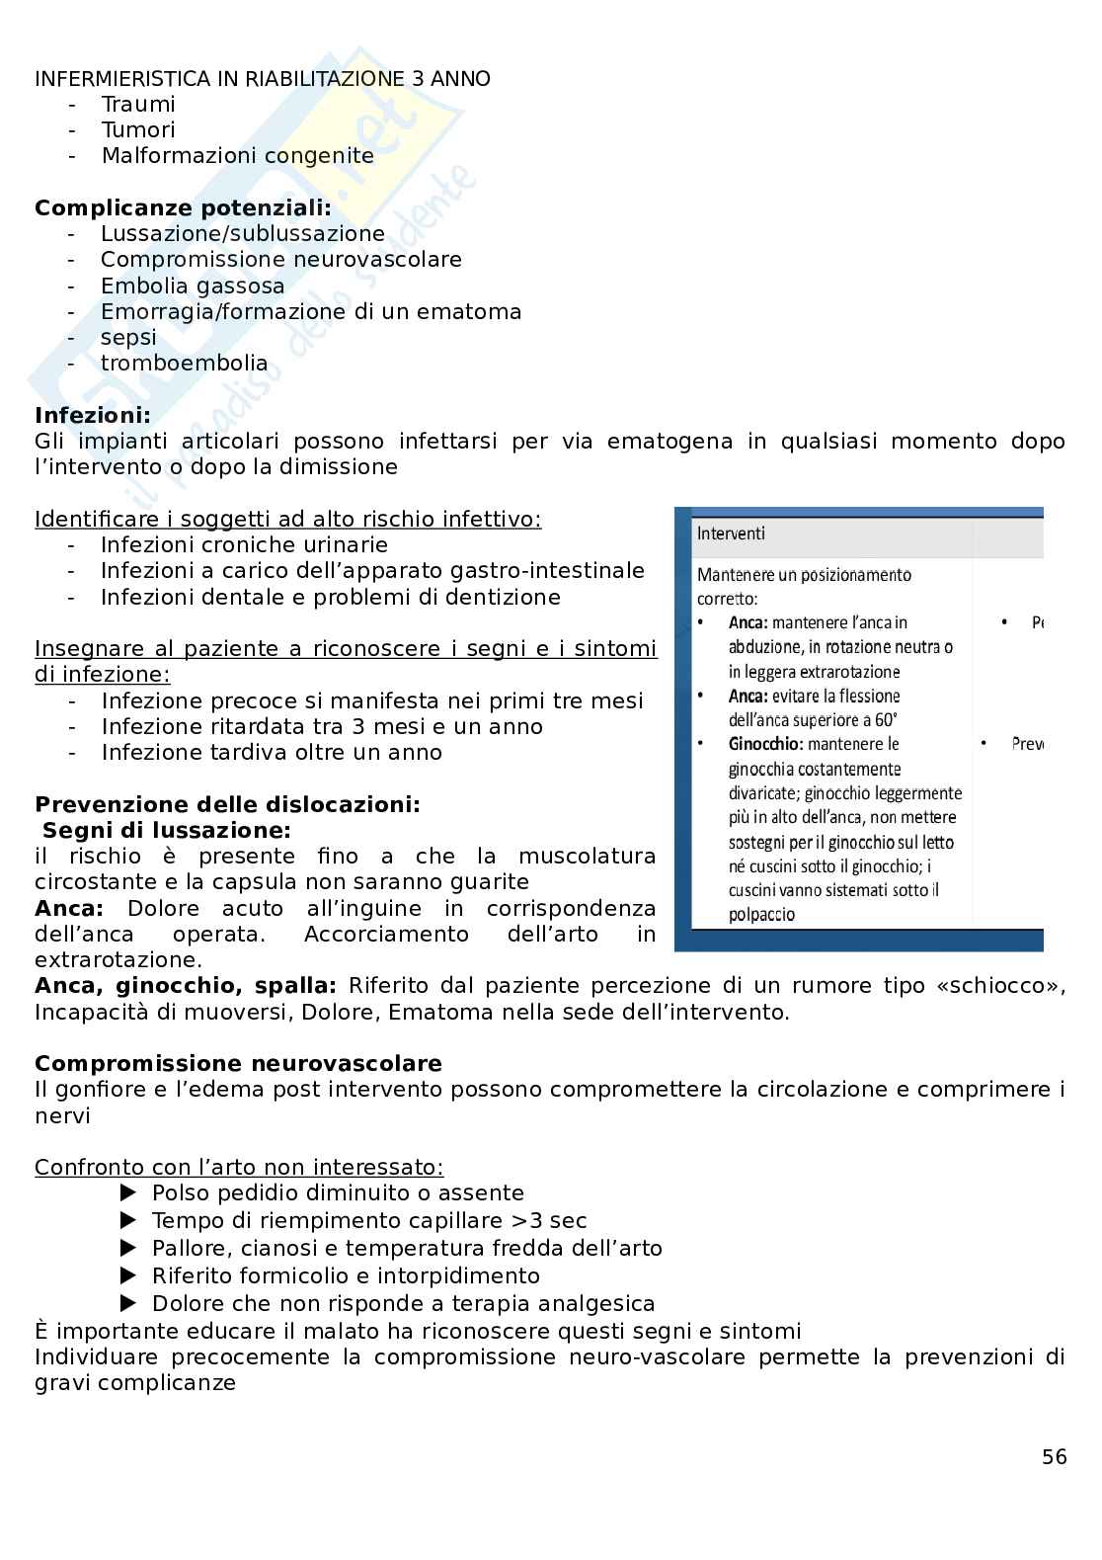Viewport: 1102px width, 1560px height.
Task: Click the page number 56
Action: pos(1054,1457)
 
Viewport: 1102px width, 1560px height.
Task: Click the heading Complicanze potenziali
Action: pos(183,208)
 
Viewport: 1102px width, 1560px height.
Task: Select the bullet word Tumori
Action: pos(138,130)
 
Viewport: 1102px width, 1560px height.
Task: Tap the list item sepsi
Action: pos(128,338)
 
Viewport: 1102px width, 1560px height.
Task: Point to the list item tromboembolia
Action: pos(184,364)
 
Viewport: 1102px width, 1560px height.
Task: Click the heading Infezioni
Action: pos(93,415)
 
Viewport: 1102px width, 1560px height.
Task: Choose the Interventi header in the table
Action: pos(731,534)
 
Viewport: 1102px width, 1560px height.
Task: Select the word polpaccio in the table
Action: pos(761,915)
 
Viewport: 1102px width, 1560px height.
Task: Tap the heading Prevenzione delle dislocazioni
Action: pos(227,804)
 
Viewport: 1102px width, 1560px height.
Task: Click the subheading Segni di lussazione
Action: pos(167,831)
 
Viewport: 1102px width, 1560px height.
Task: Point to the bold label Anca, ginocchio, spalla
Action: pos(186,986)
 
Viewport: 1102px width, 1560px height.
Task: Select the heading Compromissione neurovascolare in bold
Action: pos(238,1064)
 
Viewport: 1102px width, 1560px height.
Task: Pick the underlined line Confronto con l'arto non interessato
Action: pos(239,1168)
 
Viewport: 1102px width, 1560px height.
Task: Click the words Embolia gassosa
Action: pos(193,287)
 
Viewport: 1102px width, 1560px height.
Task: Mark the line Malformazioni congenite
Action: pos(238,156)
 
